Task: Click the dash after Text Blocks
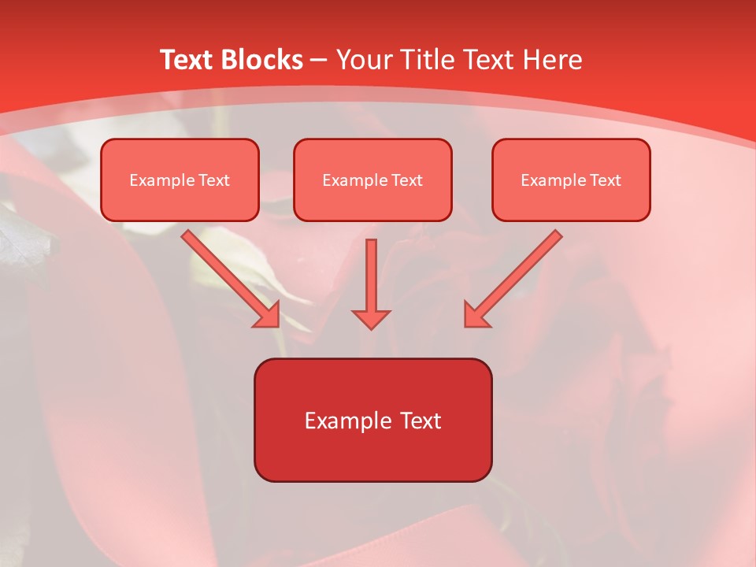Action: [x=319, y=61]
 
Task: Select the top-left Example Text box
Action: [x=180, y=180]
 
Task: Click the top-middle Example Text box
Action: [x=372, y=180]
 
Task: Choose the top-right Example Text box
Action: [x=571, y=180]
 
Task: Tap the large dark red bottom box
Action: [x=372, y=420]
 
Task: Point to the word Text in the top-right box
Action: [x=606, y=180]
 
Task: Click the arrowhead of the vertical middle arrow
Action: [x=371, y=318]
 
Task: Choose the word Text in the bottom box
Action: [x=420, y=421]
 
